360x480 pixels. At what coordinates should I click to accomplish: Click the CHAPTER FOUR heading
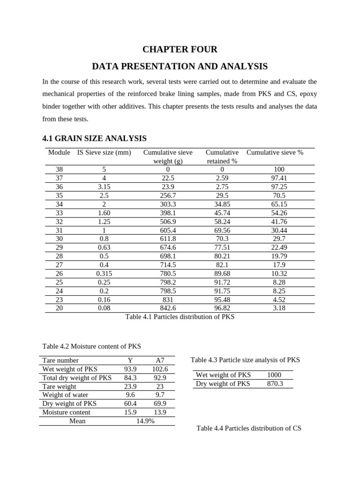pyautogui.click(x=180, y=50)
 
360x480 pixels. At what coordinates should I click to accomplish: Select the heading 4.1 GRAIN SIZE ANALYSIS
pyautogui.click(x=95, y=138)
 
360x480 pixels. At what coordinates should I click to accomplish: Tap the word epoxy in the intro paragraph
pyautogui.click(x=307, y=94)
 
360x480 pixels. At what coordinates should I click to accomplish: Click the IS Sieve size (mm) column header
pyautogui.click(x=104, y=152)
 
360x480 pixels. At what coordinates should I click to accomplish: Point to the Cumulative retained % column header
pyautogui.click(x=222, y=157)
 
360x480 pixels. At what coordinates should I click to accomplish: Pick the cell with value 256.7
pyautogui.click(x=168, y=195)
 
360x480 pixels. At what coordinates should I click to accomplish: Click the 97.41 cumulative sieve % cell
pyautogui.click(x=279, y=178)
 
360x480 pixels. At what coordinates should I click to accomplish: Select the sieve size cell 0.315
pyautogui.click(x=104, y=274)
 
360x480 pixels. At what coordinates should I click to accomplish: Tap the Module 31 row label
pyautogui.click(x=59, y=230)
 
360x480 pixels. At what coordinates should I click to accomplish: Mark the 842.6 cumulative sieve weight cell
pyautogui.click(x=168, y=308)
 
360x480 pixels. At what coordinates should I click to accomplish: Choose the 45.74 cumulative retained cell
pyautogui.click(x=222, y=213)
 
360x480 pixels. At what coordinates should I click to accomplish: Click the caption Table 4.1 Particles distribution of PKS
pyautogui.click(x=180, y=317)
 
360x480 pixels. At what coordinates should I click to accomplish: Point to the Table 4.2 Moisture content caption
pyautogui.click(x=91, y=346)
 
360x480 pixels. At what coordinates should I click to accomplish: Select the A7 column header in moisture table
pyautogui.click(x=160, y=360)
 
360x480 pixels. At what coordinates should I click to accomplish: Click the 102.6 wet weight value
pyautogui.click(x=160, y=369)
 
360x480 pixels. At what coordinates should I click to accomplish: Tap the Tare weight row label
pyautogui.click(x=60, y=387)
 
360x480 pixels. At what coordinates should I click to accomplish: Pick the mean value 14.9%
pyautogui.click(x=145, y=421)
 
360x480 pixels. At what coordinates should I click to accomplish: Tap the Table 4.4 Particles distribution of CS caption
pyautogui.click(x=249, y=428)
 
